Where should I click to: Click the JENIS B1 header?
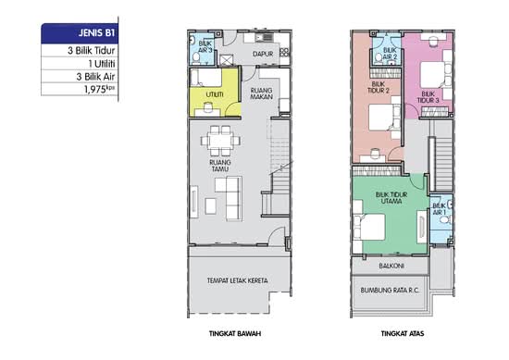point(96,33)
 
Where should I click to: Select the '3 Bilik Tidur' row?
point(92,51)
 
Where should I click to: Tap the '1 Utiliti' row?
point(102,64)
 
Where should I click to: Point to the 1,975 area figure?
point(100,89)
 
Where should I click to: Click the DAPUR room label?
point(263,54)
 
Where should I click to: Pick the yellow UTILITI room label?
point(215,94)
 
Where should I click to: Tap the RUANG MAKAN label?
point(262,93)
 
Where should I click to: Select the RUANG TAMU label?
point(220,166)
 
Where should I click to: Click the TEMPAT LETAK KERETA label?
point(237,280)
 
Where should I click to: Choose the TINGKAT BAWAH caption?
point(235,333)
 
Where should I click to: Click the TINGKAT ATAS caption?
point(403,333)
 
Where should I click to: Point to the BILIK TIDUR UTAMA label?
point(391,198)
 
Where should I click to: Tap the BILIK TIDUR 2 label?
point(379,88)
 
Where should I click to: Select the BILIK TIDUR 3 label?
point(428,97)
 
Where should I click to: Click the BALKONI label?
point(391,266)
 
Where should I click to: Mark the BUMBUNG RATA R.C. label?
point(390,291)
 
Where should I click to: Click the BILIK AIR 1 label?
point(440,209)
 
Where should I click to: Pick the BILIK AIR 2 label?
point(390,54)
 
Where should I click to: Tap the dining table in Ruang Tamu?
point(220,141)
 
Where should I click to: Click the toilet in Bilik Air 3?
point(196,58)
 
